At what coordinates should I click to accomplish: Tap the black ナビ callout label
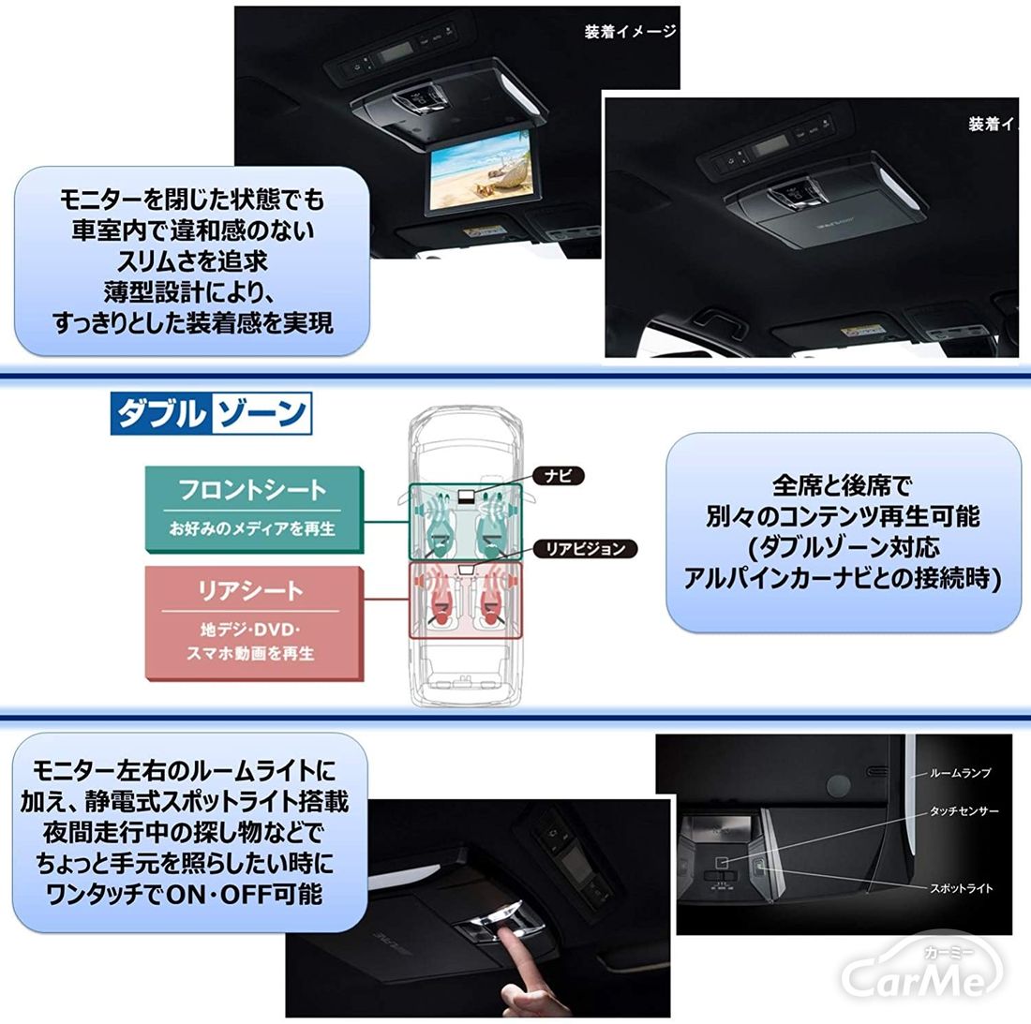(x=559, y=475)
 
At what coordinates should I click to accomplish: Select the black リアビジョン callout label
(x=585, y=548)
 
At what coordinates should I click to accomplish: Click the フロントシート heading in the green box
(x=252, y=490)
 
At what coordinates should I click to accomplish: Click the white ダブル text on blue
(x=160, y=413)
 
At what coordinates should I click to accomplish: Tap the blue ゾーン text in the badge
(x=261, y=413)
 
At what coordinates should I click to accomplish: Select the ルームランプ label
(x=960, y=773)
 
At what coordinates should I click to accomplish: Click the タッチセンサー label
(x=964, y=811)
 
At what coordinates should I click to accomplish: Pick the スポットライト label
(x=962, y=888)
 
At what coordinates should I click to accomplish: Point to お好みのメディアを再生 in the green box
(x=252, y=528)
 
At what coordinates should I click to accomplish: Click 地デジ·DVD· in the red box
(x=250, y=630)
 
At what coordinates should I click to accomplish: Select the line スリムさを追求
(x=192, y=261)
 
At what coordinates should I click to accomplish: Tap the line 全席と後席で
(x=842, y=485)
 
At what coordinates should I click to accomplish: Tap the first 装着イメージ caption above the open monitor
(x=630, y=32)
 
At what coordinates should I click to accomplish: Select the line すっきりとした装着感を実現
(x=193, y=322)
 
